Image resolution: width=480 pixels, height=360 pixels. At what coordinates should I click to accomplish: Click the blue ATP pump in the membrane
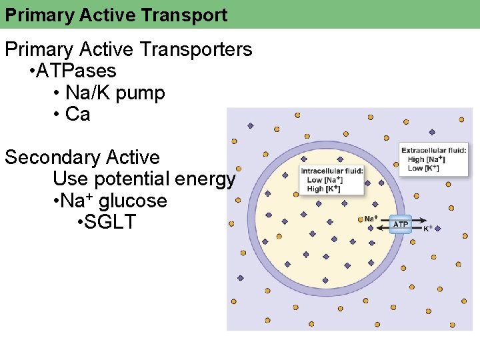(x=400, y=225)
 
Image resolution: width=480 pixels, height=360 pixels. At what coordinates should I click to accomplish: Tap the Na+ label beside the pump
(x=371, y=219)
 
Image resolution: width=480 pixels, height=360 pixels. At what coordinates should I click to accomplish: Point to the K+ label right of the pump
(x=428, y=228)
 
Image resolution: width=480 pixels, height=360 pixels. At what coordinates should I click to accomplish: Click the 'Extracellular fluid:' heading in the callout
(x=433, y=151)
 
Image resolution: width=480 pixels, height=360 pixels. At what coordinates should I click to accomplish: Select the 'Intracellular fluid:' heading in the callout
(x=332, y=171)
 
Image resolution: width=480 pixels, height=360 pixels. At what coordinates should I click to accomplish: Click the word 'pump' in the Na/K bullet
(x=140, y=93)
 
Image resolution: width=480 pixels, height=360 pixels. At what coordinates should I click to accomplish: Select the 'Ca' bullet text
(x=77, y=114)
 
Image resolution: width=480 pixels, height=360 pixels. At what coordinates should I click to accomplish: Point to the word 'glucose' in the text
(x=133, y=201)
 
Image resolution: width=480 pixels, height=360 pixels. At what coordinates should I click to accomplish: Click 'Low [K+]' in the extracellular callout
(x=423, y=168)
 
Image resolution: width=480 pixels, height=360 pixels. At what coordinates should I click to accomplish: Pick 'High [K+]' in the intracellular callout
(x=324, y=189)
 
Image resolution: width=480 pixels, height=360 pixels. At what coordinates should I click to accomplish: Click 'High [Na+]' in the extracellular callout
(x=427, y=159)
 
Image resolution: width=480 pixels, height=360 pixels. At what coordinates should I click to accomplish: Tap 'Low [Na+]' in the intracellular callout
(x=325, y=180)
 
